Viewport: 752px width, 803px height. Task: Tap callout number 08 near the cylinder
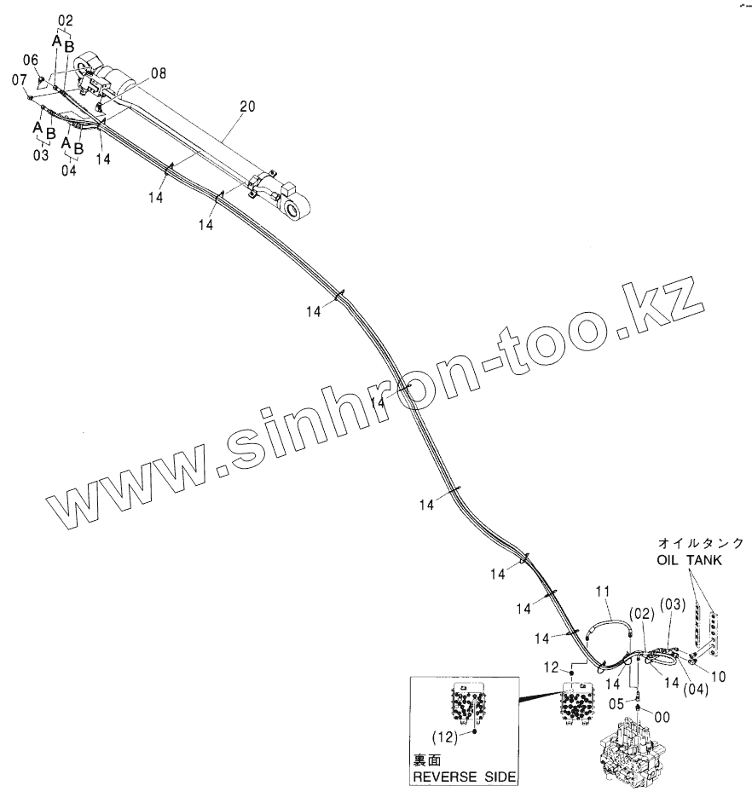(159, 74)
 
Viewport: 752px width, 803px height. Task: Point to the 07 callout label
(19, 79)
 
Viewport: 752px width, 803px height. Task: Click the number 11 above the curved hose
(602, 591)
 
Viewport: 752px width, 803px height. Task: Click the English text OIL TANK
(689, 560)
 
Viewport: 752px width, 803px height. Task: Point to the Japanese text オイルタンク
(701, 543)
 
